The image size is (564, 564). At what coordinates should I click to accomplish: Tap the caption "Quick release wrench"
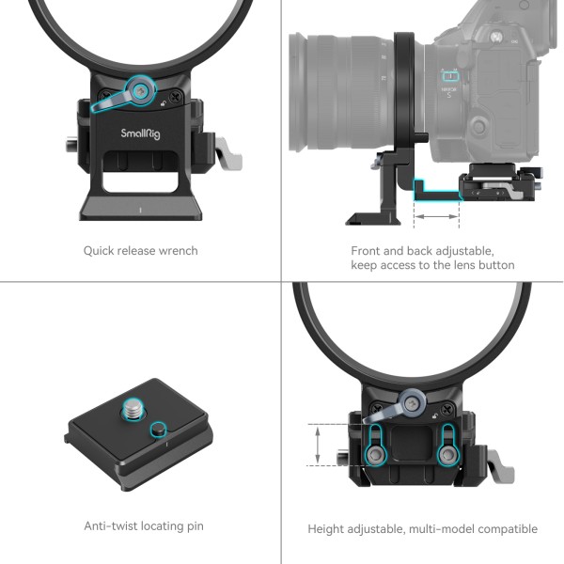tap(140, 251)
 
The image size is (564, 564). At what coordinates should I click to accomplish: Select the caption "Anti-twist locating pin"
tap(143, 526)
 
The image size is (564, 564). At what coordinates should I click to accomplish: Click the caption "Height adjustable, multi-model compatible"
tap(422, 529)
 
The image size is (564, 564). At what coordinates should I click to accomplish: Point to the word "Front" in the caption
tap(368, 251)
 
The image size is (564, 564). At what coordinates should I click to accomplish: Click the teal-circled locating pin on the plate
tap(158, 430)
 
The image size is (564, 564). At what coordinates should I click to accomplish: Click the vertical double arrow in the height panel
tap(319, 445)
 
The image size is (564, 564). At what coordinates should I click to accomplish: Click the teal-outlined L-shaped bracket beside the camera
tap(434, 191)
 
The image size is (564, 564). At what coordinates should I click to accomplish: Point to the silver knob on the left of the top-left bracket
tap(71, 146)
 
